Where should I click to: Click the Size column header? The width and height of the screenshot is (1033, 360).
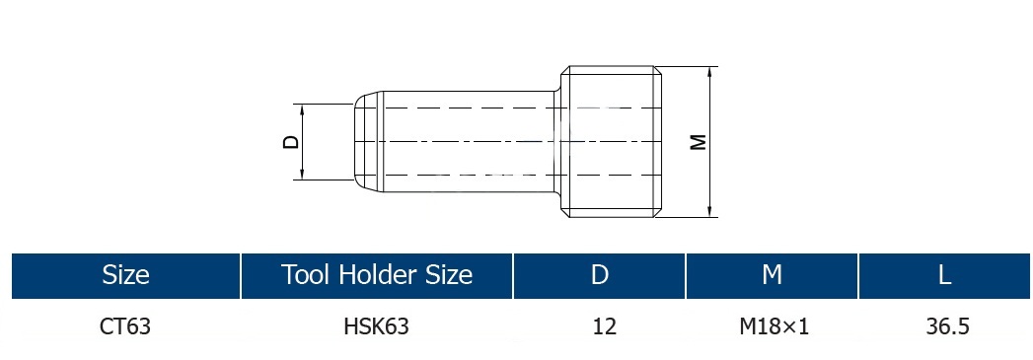125,274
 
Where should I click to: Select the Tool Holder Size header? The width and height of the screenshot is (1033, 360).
377,274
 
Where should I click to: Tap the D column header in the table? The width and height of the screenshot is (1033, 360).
600,274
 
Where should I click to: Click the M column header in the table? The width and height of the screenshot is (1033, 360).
772,274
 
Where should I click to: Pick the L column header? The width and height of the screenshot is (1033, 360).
945,274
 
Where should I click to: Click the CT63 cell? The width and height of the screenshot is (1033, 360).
125,325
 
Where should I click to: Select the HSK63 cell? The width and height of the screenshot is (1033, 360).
376,325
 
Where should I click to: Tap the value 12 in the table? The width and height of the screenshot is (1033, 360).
604,325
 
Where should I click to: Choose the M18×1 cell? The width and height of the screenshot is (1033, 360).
775,325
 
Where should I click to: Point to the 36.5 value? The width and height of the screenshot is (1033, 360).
948,325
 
